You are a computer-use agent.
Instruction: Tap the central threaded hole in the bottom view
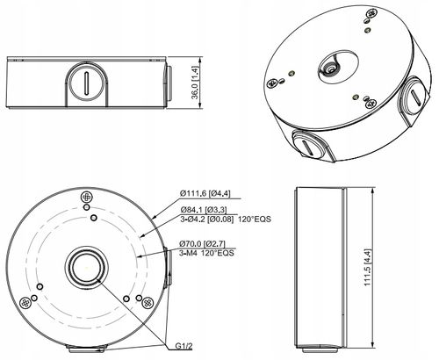83,266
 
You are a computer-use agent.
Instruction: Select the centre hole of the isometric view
332,66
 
